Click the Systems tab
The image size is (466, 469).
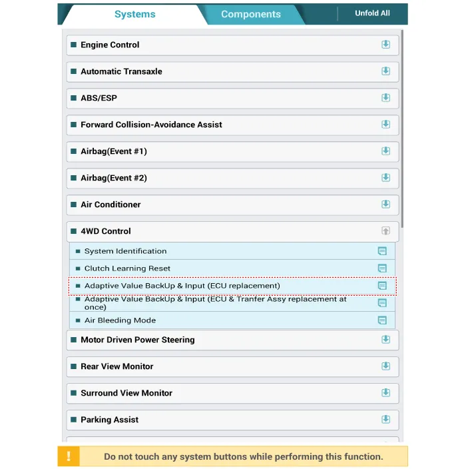(134, 14)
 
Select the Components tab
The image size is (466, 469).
(250, 14)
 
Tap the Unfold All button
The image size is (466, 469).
(372, 13)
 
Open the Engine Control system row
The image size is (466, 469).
(110, 45)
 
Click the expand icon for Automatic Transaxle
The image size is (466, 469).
(385, 71)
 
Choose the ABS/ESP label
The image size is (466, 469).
(99, 98)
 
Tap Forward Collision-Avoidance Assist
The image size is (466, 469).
(151, 125)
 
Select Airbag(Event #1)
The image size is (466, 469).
(114, 151)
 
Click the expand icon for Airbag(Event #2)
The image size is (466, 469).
(385, 178)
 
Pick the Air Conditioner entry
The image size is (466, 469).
(111, 205)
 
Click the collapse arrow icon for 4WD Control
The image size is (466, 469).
(385, 231)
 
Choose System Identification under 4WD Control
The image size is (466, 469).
(125, 251)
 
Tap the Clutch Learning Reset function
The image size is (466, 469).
(127, 268)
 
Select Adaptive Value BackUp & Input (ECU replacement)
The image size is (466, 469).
(182, 286)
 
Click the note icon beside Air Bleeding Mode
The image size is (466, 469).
(382, 320)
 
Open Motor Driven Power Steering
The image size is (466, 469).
(138, 340)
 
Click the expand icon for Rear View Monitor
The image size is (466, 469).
(385, 366)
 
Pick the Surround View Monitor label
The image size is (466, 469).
(126, 393)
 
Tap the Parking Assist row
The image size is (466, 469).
(110, 420)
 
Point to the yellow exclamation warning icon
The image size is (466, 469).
(69, 456)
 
